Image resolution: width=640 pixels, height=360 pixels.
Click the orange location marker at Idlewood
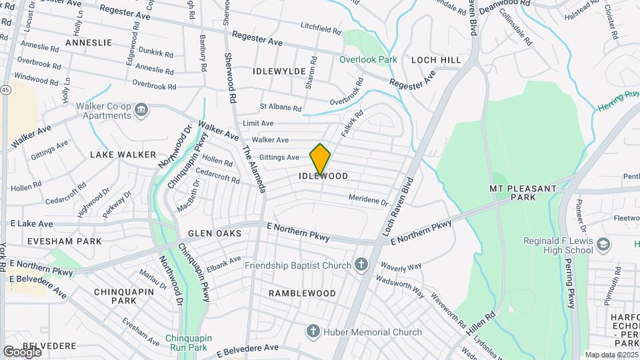(320, 159)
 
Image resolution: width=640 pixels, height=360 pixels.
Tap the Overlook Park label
(368, 59)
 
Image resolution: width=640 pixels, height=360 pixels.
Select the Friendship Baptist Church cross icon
(361, 265)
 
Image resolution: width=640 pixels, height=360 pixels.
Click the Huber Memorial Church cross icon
(312, 331)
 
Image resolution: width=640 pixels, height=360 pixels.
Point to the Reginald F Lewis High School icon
(604, 244)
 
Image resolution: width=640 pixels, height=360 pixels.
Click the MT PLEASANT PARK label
(523, 193)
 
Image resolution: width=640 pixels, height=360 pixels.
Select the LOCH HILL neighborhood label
(436, 60)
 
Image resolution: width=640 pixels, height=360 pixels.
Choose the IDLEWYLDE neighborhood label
(279, 71)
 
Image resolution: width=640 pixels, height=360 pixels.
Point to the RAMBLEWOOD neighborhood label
(302, 293)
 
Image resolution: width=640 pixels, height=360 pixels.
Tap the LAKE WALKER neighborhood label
(118, 155)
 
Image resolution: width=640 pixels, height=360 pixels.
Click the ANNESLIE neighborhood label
(89, 43)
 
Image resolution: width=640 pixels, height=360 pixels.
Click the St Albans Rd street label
(281, 107)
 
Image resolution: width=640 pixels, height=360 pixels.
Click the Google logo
(23, 351)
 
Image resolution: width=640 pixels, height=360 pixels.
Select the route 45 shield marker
(5, 89)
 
